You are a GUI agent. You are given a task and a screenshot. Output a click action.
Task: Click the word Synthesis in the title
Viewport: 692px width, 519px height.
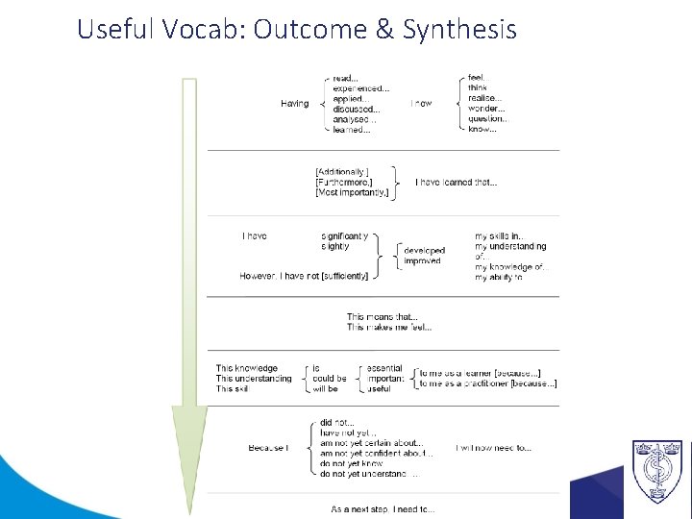(459, 30)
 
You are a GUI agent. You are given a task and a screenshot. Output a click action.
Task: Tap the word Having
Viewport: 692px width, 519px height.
(295, 103)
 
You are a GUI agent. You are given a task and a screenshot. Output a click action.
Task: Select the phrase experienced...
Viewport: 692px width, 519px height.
(360, 88)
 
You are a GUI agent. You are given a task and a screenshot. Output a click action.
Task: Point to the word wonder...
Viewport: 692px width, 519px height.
(486, 109)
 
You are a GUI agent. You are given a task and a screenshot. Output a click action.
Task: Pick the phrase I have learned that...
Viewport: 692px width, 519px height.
(456, 183)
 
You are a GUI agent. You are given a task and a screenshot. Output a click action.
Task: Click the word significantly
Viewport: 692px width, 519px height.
(344, 235)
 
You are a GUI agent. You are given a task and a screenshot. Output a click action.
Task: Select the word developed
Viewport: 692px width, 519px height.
(425, 251)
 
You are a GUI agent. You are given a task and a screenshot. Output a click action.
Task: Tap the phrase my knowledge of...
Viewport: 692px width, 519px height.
(509, 267)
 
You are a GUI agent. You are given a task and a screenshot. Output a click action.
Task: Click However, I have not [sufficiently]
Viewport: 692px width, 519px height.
(304, 276)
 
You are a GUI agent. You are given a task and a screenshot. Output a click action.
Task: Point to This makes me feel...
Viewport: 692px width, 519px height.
(389, 327)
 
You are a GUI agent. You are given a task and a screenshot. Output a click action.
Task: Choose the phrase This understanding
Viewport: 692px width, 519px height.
(254, 378)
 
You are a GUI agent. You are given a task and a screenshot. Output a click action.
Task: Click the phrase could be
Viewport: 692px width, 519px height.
(330, 378)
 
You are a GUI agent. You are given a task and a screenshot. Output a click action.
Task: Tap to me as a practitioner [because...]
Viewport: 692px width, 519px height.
(487, 383)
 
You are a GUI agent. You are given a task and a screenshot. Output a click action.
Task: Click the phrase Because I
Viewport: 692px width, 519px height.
(268, 448)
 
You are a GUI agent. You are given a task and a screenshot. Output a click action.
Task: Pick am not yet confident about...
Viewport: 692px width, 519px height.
(377, 453)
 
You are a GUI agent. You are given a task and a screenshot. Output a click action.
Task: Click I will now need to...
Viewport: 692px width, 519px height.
(493, 448)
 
